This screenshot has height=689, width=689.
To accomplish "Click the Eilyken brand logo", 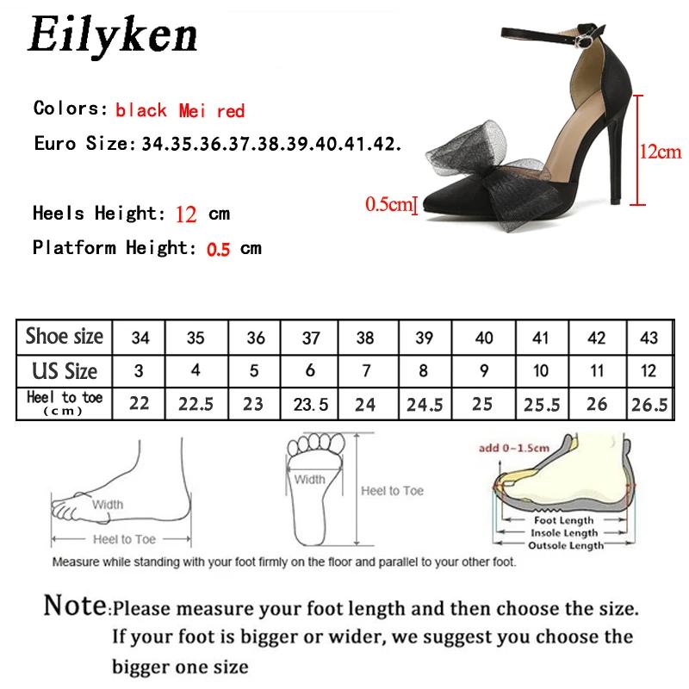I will point(113,36).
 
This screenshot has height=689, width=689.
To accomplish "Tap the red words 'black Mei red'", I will point(180,110).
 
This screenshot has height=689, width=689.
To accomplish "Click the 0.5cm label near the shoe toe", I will point(388,181).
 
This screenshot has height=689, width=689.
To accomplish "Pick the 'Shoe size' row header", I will point(65,337).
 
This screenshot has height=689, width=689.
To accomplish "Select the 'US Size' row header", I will point(65,371).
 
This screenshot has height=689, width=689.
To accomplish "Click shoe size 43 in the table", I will point(653,338).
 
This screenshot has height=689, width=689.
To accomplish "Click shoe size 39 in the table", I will point(425,338).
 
